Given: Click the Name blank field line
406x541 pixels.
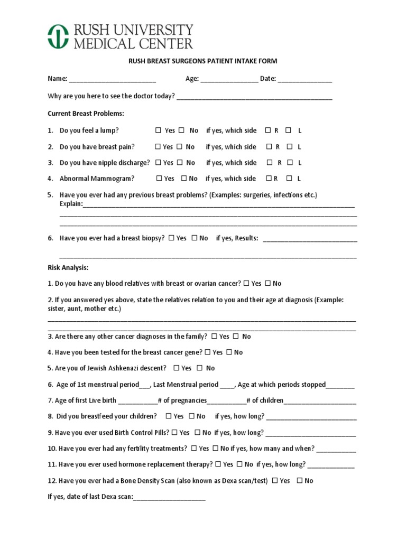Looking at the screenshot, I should point(112,80).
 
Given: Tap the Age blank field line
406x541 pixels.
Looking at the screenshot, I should point(229,80).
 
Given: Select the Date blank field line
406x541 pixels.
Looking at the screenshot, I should point(304,80).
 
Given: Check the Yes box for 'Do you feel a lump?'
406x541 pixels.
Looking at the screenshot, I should point(158,130).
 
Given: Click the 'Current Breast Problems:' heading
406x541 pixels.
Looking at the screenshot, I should point(86,114).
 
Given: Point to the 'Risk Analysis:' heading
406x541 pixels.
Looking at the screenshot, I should point(68,267).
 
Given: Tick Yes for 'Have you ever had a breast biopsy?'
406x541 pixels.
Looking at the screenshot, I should point(172,238).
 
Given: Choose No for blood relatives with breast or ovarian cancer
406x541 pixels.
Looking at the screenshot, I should point(267,283).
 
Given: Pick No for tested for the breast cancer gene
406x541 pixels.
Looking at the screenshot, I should point(229,352).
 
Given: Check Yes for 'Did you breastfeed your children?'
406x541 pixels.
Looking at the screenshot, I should point(168,416).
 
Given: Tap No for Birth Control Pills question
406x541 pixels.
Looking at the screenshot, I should point(197,432).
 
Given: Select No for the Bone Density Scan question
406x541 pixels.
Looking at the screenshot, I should point(299,481).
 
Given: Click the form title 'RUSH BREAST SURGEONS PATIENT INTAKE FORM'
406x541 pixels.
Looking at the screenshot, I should point(203,61).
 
